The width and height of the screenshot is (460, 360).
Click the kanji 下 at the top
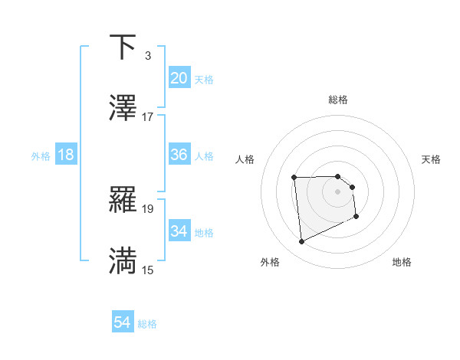pos(123,47)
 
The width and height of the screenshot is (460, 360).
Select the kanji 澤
pos(123,108)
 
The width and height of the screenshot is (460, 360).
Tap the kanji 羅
pos(123,201)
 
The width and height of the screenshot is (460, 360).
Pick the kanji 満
pos(123,261)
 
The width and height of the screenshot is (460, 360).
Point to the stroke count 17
pos(148,117)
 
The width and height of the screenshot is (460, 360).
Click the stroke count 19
pos(148,208)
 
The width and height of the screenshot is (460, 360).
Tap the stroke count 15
pos(148,270)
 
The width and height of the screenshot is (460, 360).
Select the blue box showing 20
pos(179,78)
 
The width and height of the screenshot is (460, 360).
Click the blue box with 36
pos(179,155)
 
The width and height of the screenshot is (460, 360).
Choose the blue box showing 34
pos(179,231)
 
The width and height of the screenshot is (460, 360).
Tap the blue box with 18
pos(66,155)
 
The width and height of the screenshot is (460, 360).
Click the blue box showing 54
pos(123,323)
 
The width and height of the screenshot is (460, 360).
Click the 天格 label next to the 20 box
pos(204,79)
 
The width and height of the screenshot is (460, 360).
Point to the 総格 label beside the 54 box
pos(147,324)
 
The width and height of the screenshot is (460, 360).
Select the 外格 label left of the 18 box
pos(41,155)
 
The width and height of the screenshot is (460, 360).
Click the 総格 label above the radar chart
pos(338,100)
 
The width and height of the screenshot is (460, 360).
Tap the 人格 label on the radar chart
pos(245,159)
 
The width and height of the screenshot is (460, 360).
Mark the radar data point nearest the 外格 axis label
pos(301,242)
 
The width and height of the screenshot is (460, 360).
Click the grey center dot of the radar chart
pos(337,191)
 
